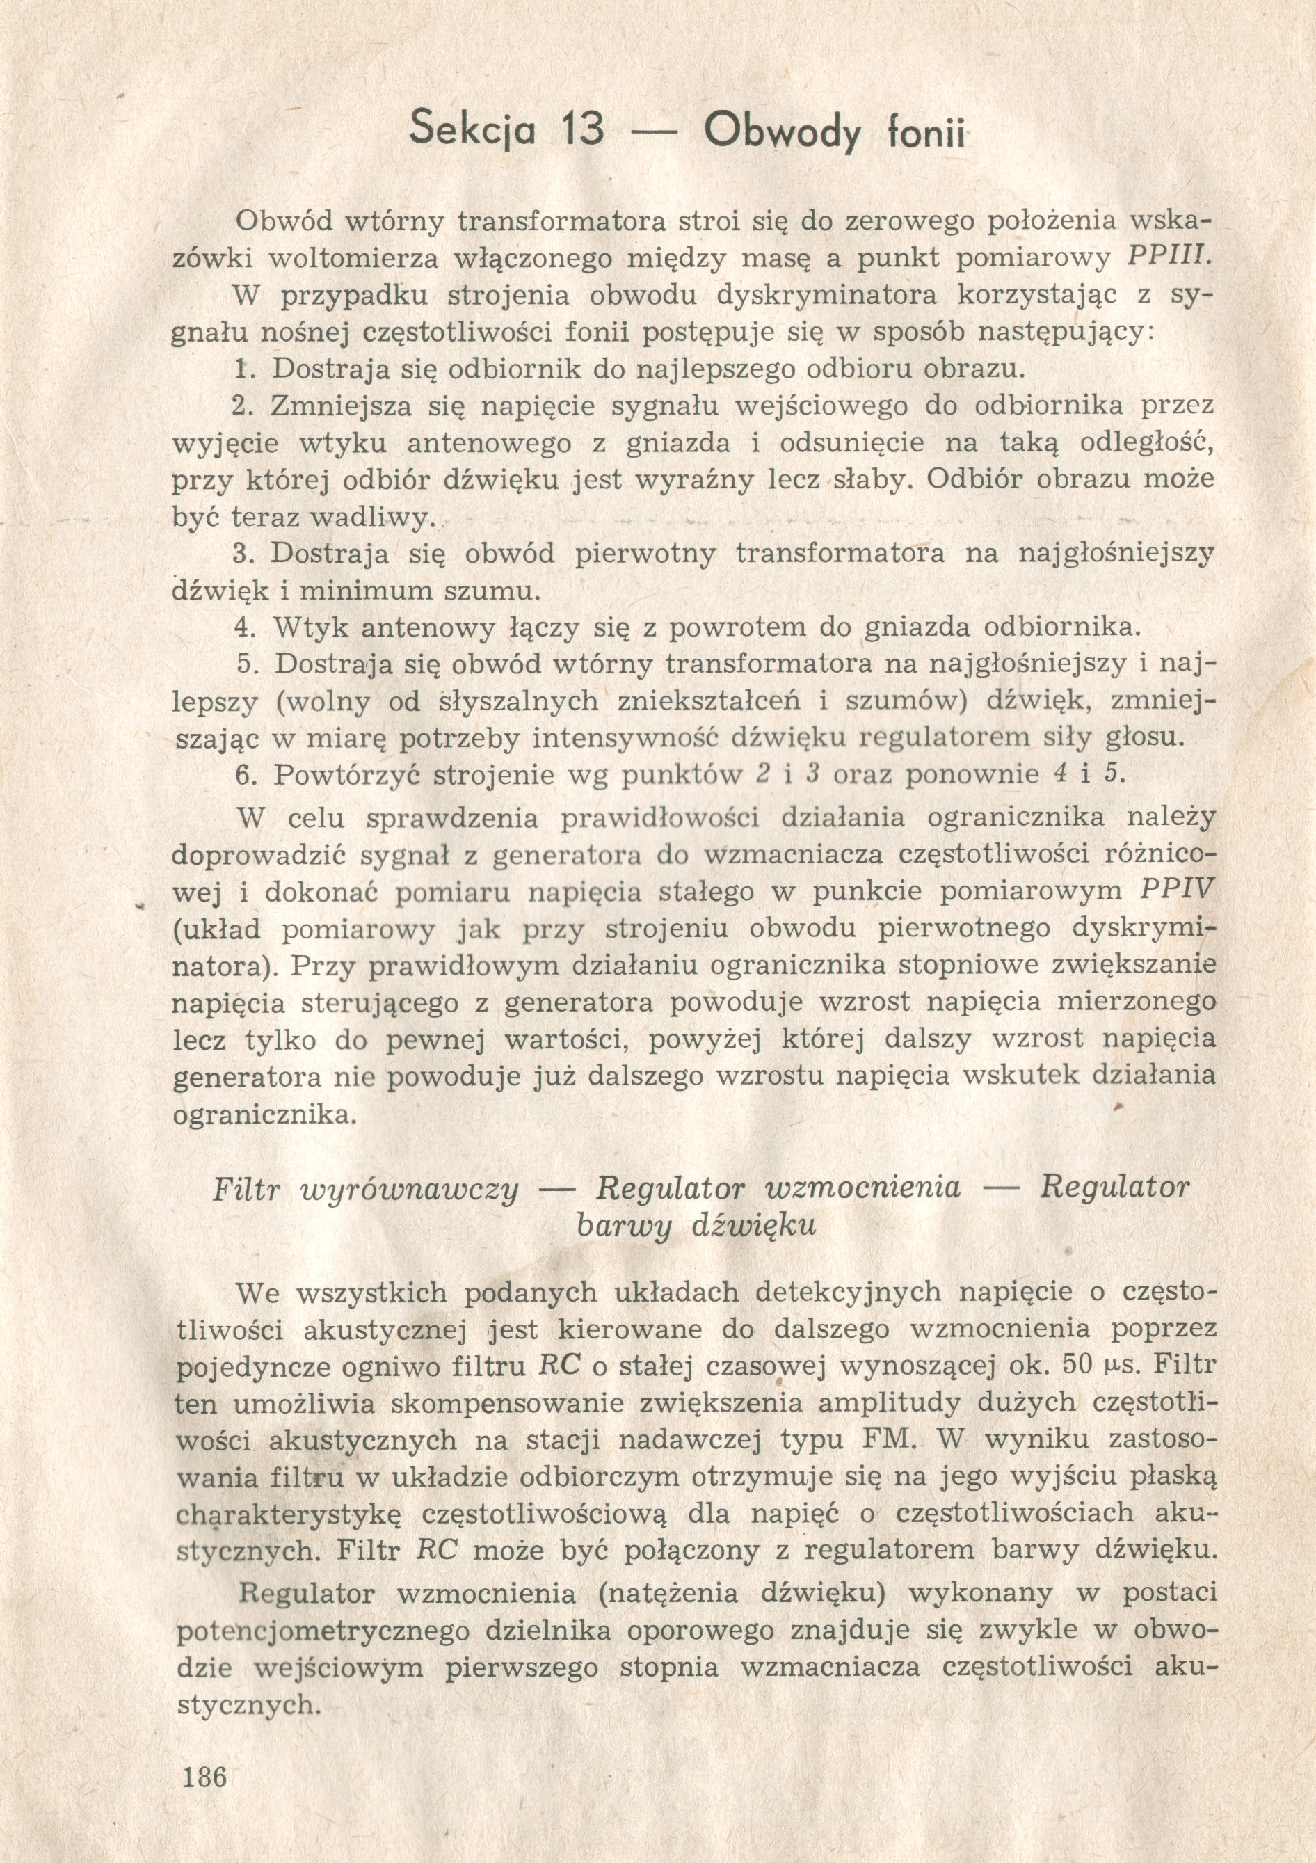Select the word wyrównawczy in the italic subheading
coord(410,1189)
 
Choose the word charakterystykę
coord(284,1514)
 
